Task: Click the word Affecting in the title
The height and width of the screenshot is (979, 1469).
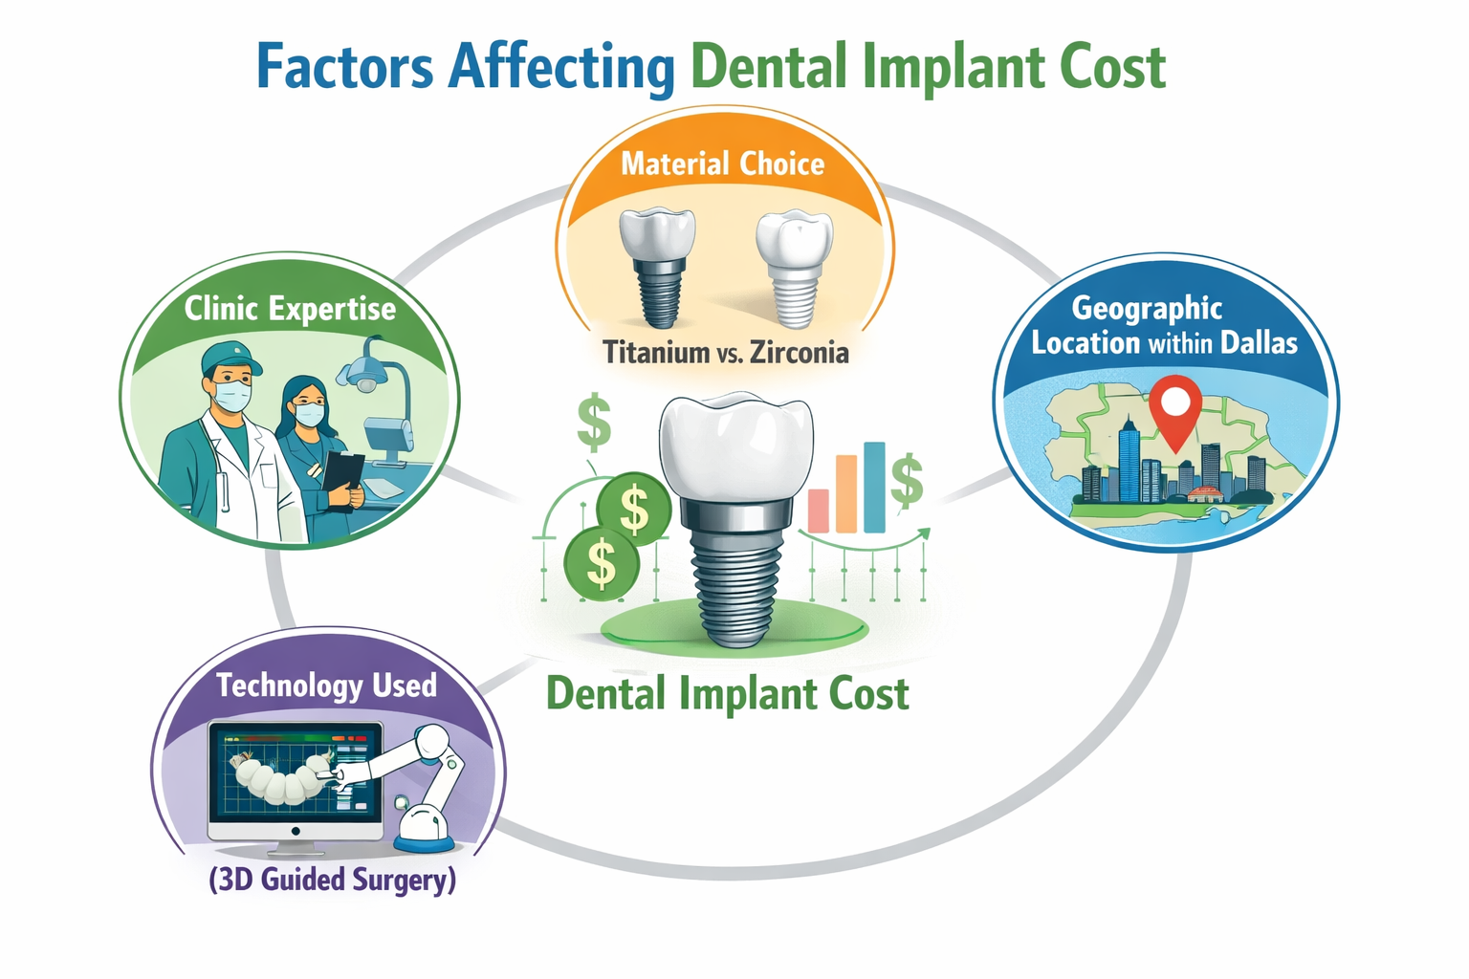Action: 561,68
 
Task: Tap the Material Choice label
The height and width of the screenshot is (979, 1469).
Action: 722,163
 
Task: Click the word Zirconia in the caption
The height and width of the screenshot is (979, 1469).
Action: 800,353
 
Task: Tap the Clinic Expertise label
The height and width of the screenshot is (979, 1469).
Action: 290,309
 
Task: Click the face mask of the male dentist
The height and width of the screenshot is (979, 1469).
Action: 232,395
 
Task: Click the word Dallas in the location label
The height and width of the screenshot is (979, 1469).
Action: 1260,342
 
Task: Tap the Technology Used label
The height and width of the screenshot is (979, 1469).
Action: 326,685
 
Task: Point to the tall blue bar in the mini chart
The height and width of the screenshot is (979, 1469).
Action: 874,487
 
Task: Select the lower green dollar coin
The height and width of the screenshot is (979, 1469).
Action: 601,562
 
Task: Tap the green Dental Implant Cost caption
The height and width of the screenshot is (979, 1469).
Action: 727,694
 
